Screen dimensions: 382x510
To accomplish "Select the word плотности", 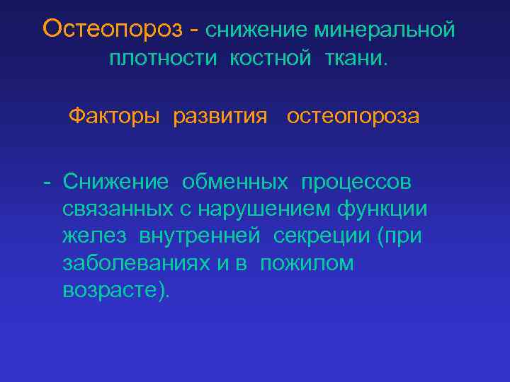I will click(x=163, y=59).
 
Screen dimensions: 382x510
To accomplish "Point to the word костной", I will click(x=269, y=59).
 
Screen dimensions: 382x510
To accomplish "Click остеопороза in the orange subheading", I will click(x=353, y=116).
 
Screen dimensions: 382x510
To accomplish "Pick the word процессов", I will click(x=356, y=183).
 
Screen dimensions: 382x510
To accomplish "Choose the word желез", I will click(x=95, y=236).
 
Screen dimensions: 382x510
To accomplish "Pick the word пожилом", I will click(x=307, y=263).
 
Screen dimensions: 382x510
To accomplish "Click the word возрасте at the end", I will click(x=113, y=290).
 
